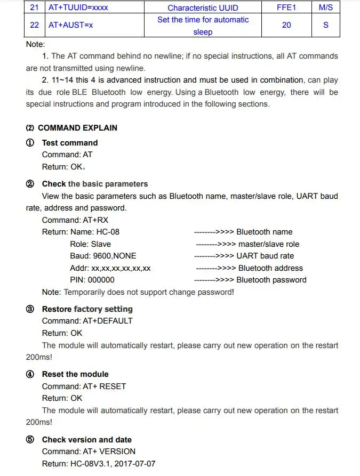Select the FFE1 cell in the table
point(286,8)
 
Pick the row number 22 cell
point(35,25)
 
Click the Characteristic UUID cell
point(203,8)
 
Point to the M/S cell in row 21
point(326,8)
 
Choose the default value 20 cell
point(286,25)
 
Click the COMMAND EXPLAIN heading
point(77,128)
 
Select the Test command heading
point(70,143)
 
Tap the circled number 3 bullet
point(30,309)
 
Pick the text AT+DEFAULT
point(107,321)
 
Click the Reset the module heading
point(75,374)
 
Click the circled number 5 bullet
point(30,440)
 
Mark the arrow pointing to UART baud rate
point(215,256)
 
